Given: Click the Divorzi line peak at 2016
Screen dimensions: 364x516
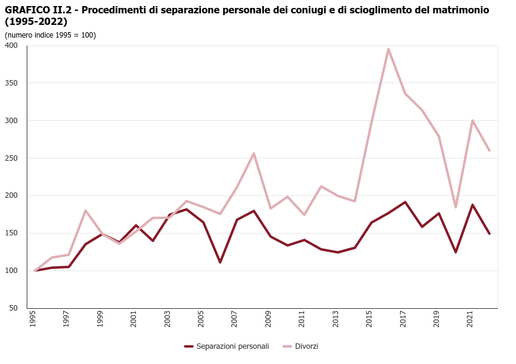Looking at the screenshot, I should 389,49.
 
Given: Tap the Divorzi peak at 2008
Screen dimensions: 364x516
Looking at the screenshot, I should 254,153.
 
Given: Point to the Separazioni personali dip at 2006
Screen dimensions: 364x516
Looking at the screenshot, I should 220,262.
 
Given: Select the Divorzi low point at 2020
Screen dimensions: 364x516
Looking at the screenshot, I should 456,207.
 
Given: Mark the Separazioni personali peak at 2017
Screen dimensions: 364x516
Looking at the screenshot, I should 405,202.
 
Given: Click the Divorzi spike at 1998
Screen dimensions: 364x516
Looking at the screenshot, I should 86,211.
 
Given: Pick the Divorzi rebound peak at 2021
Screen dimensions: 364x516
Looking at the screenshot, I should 472,121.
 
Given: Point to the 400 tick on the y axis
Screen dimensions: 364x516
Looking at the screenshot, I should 12,45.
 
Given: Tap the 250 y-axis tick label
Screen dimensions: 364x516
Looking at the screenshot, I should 12,158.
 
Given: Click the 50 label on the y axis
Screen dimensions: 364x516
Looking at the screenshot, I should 13,308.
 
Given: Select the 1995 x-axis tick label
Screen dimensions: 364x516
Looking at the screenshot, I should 33,320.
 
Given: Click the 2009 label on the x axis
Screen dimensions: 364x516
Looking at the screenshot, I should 268,320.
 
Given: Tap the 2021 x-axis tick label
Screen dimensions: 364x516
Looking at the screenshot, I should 470,320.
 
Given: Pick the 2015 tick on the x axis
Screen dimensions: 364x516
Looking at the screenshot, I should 369,320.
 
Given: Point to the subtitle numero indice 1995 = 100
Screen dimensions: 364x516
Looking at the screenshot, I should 50,35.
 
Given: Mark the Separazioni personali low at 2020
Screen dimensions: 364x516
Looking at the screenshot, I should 456,252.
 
